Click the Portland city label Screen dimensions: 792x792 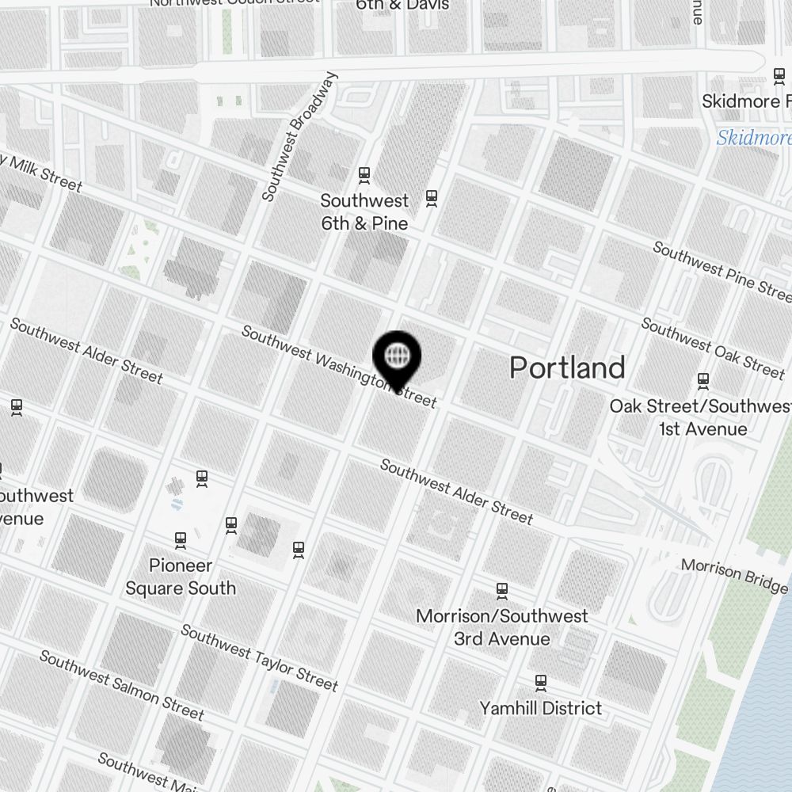[567, 368]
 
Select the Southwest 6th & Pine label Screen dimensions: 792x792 [364, 212]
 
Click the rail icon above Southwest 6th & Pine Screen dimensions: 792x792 [364, 174]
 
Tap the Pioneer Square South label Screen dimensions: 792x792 [181, 577]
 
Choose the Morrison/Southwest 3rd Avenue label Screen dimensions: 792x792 [502, 627]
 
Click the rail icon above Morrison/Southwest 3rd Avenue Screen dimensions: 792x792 [502, 590]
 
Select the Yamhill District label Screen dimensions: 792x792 [541, 708]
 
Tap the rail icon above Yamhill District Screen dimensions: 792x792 [541, 682]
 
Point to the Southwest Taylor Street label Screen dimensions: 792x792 [259, 657]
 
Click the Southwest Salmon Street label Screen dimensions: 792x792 [121, 685]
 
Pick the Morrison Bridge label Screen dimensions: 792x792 [734, 576]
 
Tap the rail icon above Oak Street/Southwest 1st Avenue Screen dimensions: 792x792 [703, 381]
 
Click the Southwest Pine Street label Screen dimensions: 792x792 [722, 272]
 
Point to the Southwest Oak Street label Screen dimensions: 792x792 [712, 347]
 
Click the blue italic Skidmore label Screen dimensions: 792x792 [753, 139]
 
